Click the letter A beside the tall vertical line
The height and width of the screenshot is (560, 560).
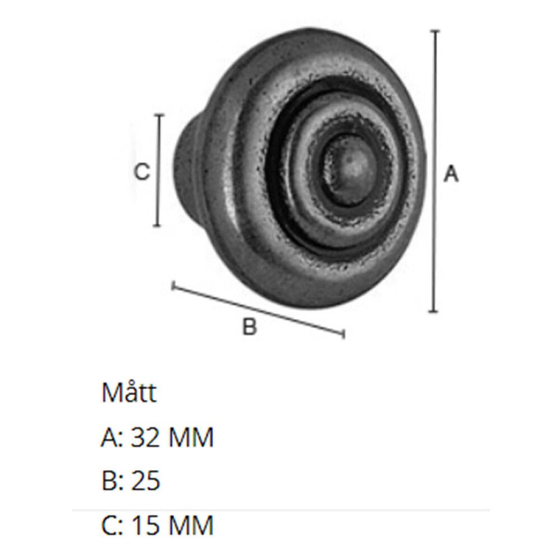click(451, 174)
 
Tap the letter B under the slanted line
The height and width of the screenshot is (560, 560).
click(249, 326)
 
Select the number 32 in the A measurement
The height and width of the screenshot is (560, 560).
click(144, 437)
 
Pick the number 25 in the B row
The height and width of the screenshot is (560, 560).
click(146, 480)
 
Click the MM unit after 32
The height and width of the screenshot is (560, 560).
click(191, 437)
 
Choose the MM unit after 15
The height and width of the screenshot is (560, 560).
click(191, 525)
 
